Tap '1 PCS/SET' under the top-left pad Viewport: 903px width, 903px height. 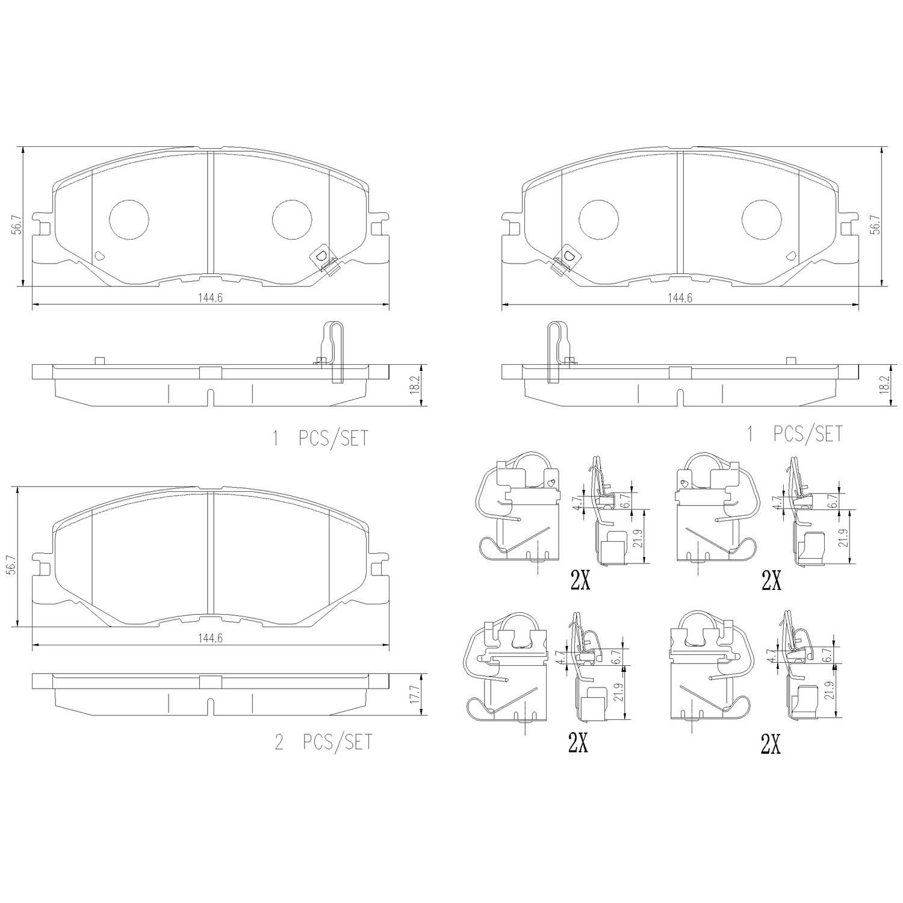click(x=320, y=438)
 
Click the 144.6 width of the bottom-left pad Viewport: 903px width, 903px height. click(x=212, y=639)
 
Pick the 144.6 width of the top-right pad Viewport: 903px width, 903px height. click(x=681, y=298)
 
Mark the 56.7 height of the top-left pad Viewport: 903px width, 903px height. click(x=18, y=224)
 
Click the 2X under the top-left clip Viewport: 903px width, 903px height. click(x=579, y=580)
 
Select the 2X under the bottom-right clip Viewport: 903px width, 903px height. click(x=770, y=745)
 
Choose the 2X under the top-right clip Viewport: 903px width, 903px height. click(x=771, y=580)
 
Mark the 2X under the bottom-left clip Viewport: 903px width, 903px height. click(x=578, y=744)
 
